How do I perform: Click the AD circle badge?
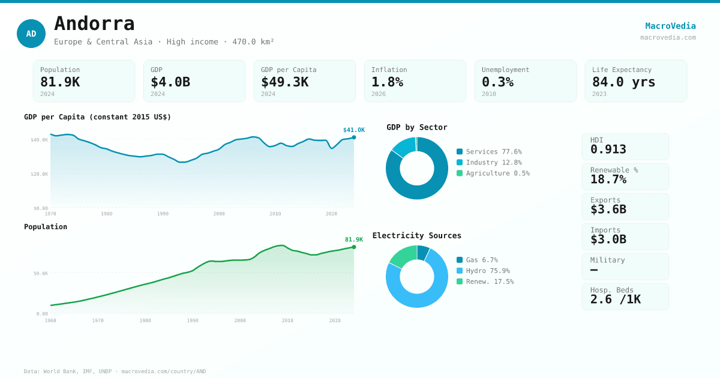point(31,34)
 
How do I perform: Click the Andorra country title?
point(94,24)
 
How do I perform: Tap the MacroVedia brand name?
point(670,26)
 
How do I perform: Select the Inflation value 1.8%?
point(387,82)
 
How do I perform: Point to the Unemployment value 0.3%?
point(497,82)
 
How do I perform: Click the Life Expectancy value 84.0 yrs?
point(623,82)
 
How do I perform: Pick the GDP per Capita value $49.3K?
point(284,82)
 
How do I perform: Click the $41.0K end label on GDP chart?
point(353,130)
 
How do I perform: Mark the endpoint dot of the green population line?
point(354,247)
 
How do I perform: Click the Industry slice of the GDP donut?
point(404,146)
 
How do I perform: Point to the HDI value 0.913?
point(608,149)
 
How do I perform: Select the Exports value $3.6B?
point(608,209)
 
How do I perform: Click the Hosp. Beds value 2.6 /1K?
point(615,299)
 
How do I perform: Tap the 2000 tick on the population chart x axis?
point(240,320)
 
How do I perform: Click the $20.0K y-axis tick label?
point(39,174)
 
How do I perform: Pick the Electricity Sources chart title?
point(416,236)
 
